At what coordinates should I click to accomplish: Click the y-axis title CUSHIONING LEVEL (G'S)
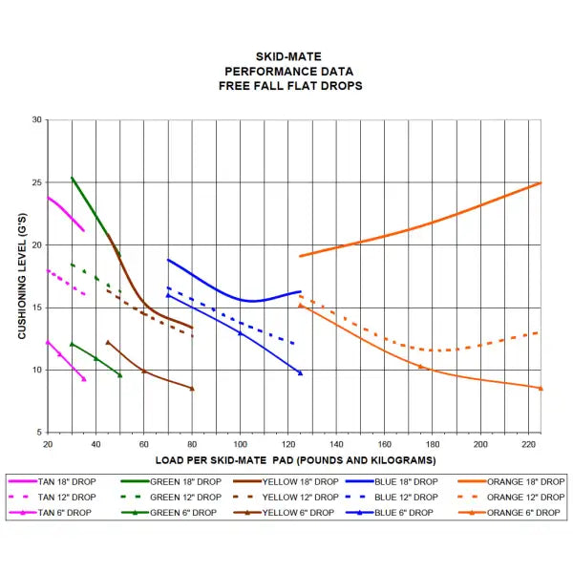23,276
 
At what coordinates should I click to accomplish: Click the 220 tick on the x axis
528,443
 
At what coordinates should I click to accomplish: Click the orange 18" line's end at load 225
541,182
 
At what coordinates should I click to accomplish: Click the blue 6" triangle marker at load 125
300,372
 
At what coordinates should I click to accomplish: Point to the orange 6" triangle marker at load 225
541,388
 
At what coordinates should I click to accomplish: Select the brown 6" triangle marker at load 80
192,389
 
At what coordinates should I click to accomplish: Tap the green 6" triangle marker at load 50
119,374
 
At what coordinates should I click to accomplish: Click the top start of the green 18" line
72,178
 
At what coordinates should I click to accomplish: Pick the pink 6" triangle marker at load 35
84,379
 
